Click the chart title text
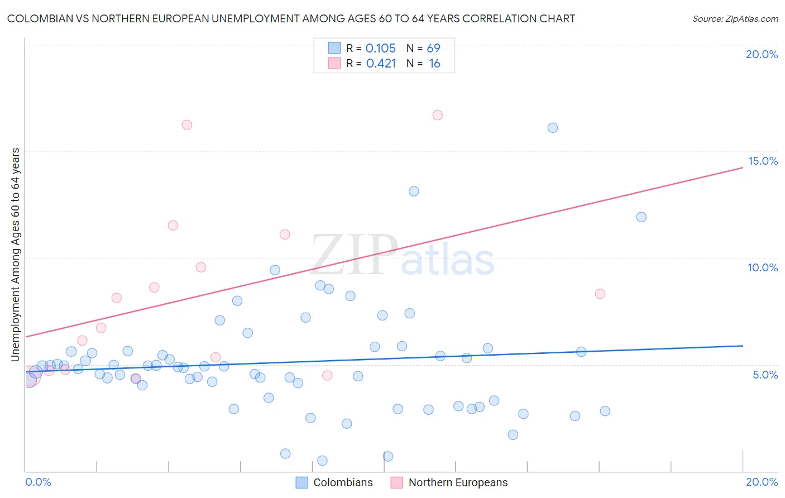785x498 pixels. (291, 18)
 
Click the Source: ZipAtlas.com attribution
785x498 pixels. (735, 19)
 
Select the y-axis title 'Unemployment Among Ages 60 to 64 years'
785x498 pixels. (16, 255)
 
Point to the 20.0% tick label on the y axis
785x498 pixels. (762, 54)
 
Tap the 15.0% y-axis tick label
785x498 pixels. (763, 161)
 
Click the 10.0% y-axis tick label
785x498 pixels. (763, 267)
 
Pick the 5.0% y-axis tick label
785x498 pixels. (765, 375)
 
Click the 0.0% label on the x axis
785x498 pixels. (38, 482)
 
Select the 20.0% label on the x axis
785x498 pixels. (762, 482)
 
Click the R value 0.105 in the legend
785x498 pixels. (381, 49)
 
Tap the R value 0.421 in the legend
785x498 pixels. (381, 64)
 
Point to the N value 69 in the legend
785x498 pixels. (434, 49)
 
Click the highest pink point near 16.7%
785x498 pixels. (438, 115)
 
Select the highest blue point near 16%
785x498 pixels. (553, 128)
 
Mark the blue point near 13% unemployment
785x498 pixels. (414, 191)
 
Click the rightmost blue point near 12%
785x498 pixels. (642, 217)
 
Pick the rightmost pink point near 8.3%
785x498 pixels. (600, 294)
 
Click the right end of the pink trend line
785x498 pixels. (743, 167)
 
